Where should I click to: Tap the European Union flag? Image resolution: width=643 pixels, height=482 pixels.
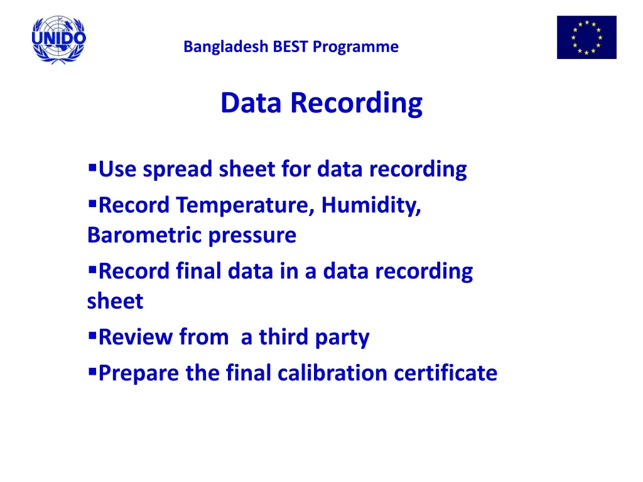(586, 38)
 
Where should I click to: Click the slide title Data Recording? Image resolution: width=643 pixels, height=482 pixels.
(321, 104)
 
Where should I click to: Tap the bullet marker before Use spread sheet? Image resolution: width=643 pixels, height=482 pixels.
(92, 168)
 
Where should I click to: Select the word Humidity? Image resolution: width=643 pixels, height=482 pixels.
(371, 205)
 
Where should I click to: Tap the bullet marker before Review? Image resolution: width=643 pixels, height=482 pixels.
(92, 336)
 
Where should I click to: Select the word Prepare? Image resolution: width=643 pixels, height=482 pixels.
(139, 373)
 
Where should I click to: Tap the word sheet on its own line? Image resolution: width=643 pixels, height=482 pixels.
(115, 301)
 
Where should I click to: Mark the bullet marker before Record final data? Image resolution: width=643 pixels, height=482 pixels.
(92, 270)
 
